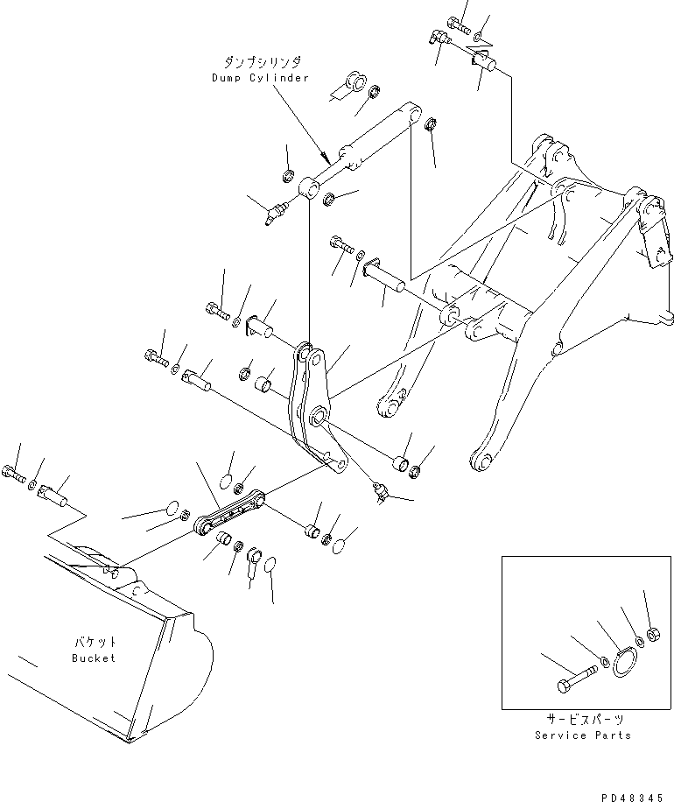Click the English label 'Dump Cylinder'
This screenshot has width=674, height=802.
click(x=260, y=78)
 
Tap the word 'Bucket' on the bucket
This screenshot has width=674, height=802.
click(x=94, y=658)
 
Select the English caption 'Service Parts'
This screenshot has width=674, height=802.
click(x=582, y=735)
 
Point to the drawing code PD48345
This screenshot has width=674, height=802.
click(x=635, y=797)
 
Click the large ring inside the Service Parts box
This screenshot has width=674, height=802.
click(x=622, y=663)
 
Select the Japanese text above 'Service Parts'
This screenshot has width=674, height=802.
click(x=582, y=720)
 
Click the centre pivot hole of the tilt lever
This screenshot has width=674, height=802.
click(x=319, y=414)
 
